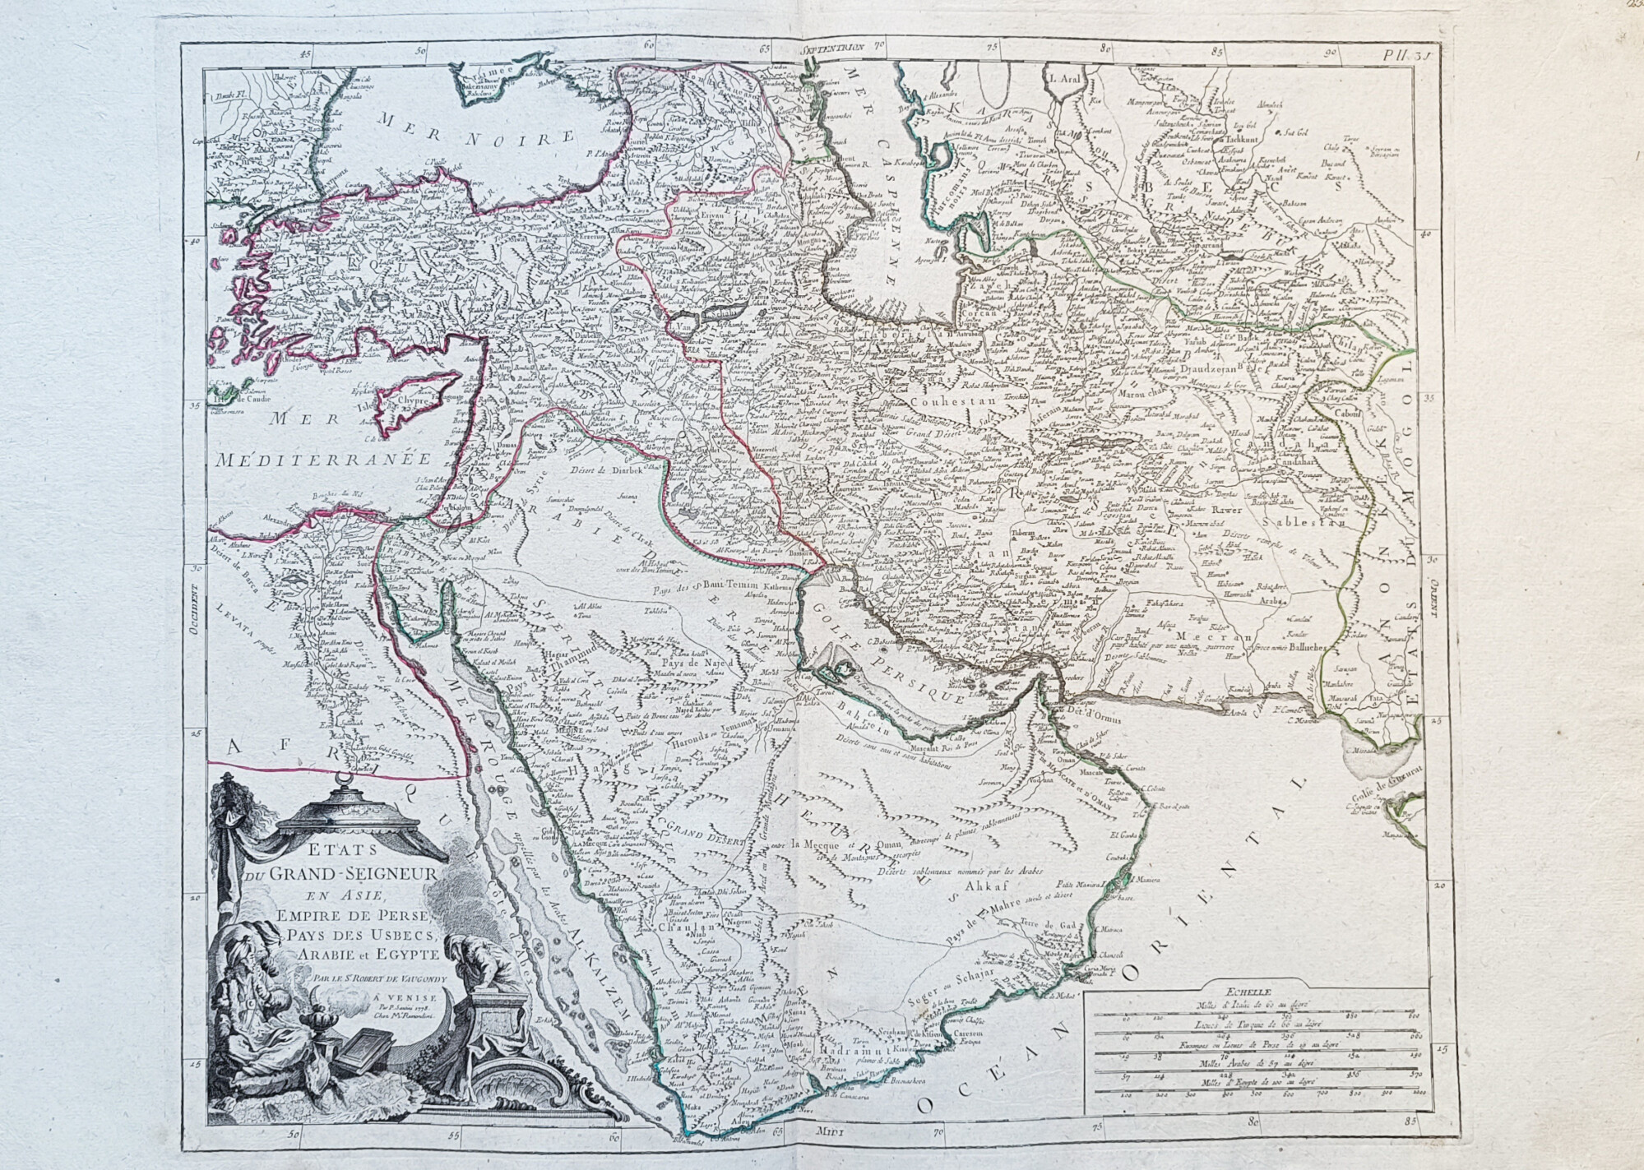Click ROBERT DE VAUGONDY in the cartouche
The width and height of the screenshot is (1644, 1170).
378,978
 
